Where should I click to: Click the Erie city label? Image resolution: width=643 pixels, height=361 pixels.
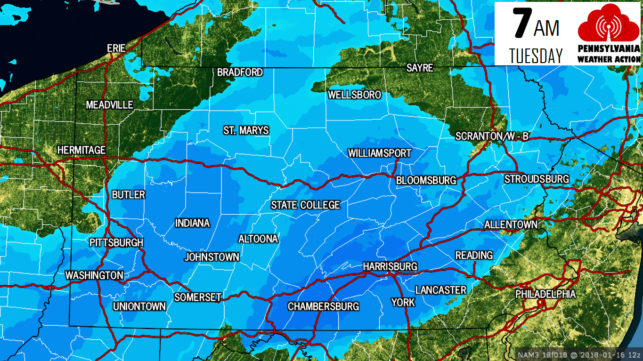pos(116,48)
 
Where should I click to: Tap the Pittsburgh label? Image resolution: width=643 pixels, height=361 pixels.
pos(116,243)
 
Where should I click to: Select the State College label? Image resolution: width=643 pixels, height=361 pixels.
pos(305,205)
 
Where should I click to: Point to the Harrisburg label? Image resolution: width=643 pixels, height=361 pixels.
pos(390,267)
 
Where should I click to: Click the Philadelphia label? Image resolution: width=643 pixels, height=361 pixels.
pos(545,294)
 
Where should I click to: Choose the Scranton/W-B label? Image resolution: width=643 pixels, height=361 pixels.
pos(492,136)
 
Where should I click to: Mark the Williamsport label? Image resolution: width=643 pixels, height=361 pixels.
pos(379,153)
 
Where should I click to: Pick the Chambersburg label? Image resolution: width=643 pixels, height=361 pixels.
pos(323,307)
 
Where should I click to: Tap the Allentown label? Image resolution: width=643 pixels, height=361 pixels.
pos(511,225)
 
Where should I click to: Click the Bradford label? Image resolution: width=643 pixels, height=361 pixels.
pos(240,72)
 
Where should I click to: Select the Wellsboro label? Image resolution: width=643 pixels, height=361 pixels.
pos(354,95)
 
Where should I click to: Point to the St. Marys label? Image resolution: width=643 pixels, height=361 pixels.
pos(246,130)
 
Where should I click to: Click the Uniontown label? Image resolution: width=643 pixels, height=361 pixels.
pos(139,307)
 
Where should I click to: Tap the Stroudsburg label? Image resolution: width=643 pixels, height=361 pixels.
pos(537,179)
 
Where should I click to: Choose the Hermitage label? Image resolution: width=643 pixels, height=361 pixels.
pos(81,150)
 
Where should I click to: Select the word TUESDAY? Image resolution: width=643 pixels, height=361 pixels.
pos(536,56)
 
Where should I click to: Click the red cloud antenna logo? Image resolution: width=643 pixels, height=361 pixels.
pos(609,24)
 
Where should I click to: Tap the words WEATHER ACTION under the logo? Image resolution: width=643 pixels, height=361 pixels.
pos(609,59)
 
